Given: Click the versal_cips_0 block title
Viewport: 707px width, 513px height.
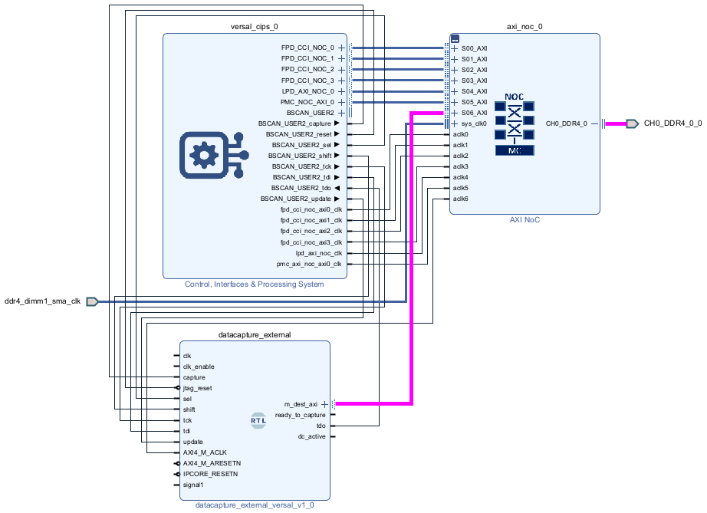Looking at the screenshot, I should (x=254, y=26).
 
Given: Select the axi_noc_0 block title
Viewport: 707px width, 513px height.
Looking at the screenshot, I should (x=524, y=26).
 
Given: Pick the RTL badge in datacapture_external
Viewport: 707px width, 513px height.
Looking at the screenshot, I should (x=258, y=419).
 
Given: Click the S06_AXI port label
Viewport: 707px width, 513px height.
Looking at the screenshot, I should (x=474, y=113).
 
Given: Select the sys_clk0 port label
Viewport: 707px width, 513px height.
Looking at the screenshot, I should (x=474, y=123).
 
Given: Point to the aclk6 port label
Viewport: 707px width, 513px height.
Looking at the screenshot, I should (x=460, y=199).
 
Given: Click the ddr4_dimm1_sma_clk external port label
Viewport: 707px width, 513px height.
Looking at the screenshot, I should (x=43, y=301).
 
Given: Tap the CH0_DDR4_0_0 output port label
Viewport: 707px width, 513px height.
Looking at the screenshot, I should (x=672, y=123).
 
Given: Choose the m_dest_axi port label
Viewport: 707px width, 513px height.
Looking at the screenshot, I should (x=301, y=403).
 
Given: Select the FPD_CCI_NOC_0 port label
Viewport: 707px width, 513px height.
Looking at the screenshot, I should (x=307, y=48).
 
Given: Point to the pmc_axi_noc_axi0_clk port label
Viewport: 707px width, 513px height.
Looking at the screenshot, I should (x=309, y=264).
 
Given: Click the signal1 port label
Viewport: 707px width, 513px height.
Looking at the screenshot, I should (x=193, y=485).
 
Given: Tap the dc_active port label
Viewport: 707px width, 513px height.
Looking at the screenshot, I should (x=311, y=436).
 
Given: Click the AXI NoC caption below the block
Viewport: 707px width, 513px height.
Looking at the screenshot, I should (x=524, y=219).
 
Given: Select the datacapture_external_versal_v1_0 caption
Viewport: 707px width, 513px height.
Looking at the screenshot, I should (x=254, y=505).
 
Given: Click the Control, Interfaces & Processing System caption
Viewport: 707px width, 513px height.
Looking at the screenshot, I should (x=254, y=284).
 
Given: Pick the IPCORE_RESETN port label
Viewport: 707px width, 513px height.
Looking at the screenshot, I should (x=210, y=474).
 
